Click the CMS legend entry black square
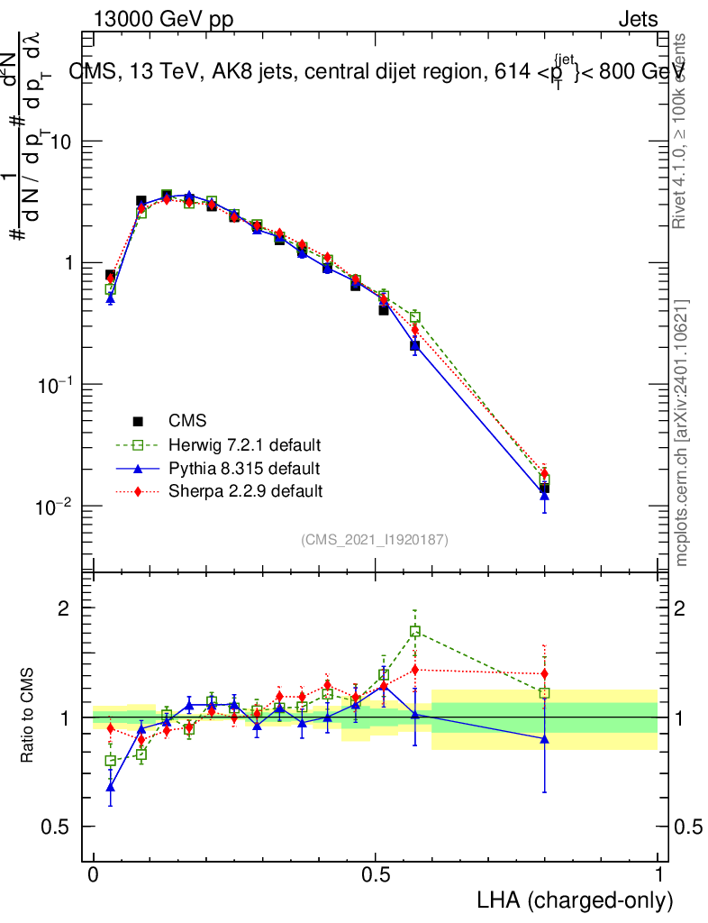(139, 421)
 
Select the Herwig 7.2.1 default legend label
(245, 445)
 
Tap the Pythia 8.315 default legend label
(244, 469)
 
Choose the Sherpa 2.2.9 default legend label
(245, 492)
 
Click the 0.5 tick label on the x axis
(376, 876)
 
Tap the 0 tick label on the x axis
(94, 876)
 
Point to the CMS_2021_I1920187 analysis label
(375, 539)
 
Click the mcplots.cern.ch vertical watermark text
(682, 433)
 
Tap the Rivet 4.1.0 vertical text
(682, 131)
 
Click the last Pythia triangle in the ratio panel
(544, 738)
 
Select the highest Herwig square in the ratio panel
(415, 632)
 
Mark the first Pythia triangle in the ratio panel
(110, 786)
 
